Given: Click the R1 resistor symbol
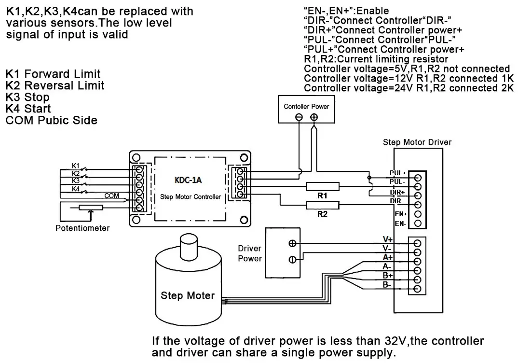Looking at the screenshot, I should (x=323, y=187).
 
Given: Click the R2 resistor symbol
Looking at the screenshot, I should (x=323, y=205).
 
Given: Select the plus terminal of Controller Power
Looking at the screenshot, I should (x=314, y=117).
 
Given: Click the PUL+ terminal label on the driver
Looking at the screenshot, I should (x=397, y=173).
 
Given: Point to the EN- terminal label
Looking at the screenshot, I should (x=400, y=223).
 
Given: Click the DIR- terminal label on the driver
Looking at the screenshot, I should (x=397, y=201).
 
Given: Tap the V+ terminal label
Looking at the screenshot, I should (x=387, y=239).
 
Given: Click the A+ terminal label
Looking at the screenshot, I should (x=387, y=257).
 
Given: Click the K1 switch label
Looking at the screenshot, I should (x=76, y=165).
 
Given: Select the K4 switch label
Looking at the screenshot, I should (x=76, y=189).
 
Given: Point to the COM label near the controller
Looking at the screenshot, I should (x=111, y=196).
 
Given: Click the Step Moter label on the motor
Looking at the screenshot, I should (x=188, y=295).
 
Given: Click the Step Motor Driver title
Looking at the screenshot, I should (x=417, y=142).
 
